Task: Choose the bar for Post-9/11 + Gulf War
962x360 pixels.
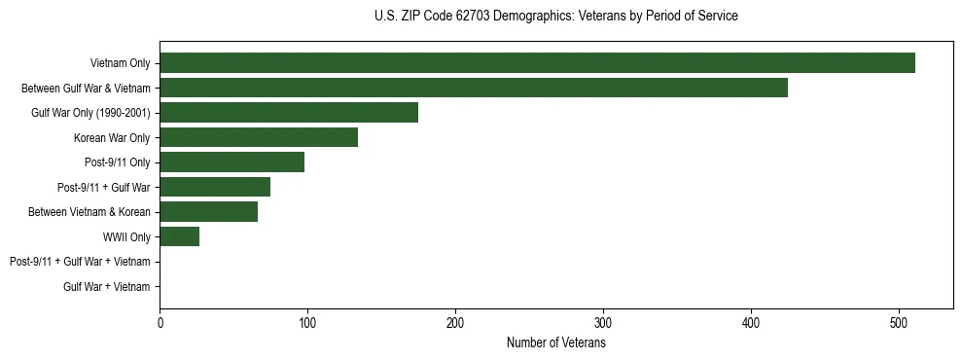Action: tap(215, 187)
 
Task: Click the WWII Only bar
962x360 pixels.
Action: tap(180, 236)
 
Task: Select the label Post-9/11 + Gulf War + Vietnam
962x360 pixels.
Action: tap(80, 262)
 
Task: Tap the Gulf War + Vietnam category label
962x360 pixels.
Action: tap(107, 287)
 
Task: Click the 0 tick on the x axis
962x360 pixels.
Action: tap(160, 324)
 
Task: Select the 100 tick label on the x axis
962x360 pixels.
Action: tap(307, 324)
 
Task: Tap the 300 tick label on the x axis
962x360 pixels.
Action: tap(603, 324)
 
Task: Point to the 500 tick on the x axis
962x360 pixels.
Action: tap(899, 324)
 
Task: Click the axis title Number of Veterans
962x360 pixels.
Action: tap(556, 342)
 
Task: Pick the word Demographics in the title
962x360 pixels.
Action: tap(528, 16)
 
